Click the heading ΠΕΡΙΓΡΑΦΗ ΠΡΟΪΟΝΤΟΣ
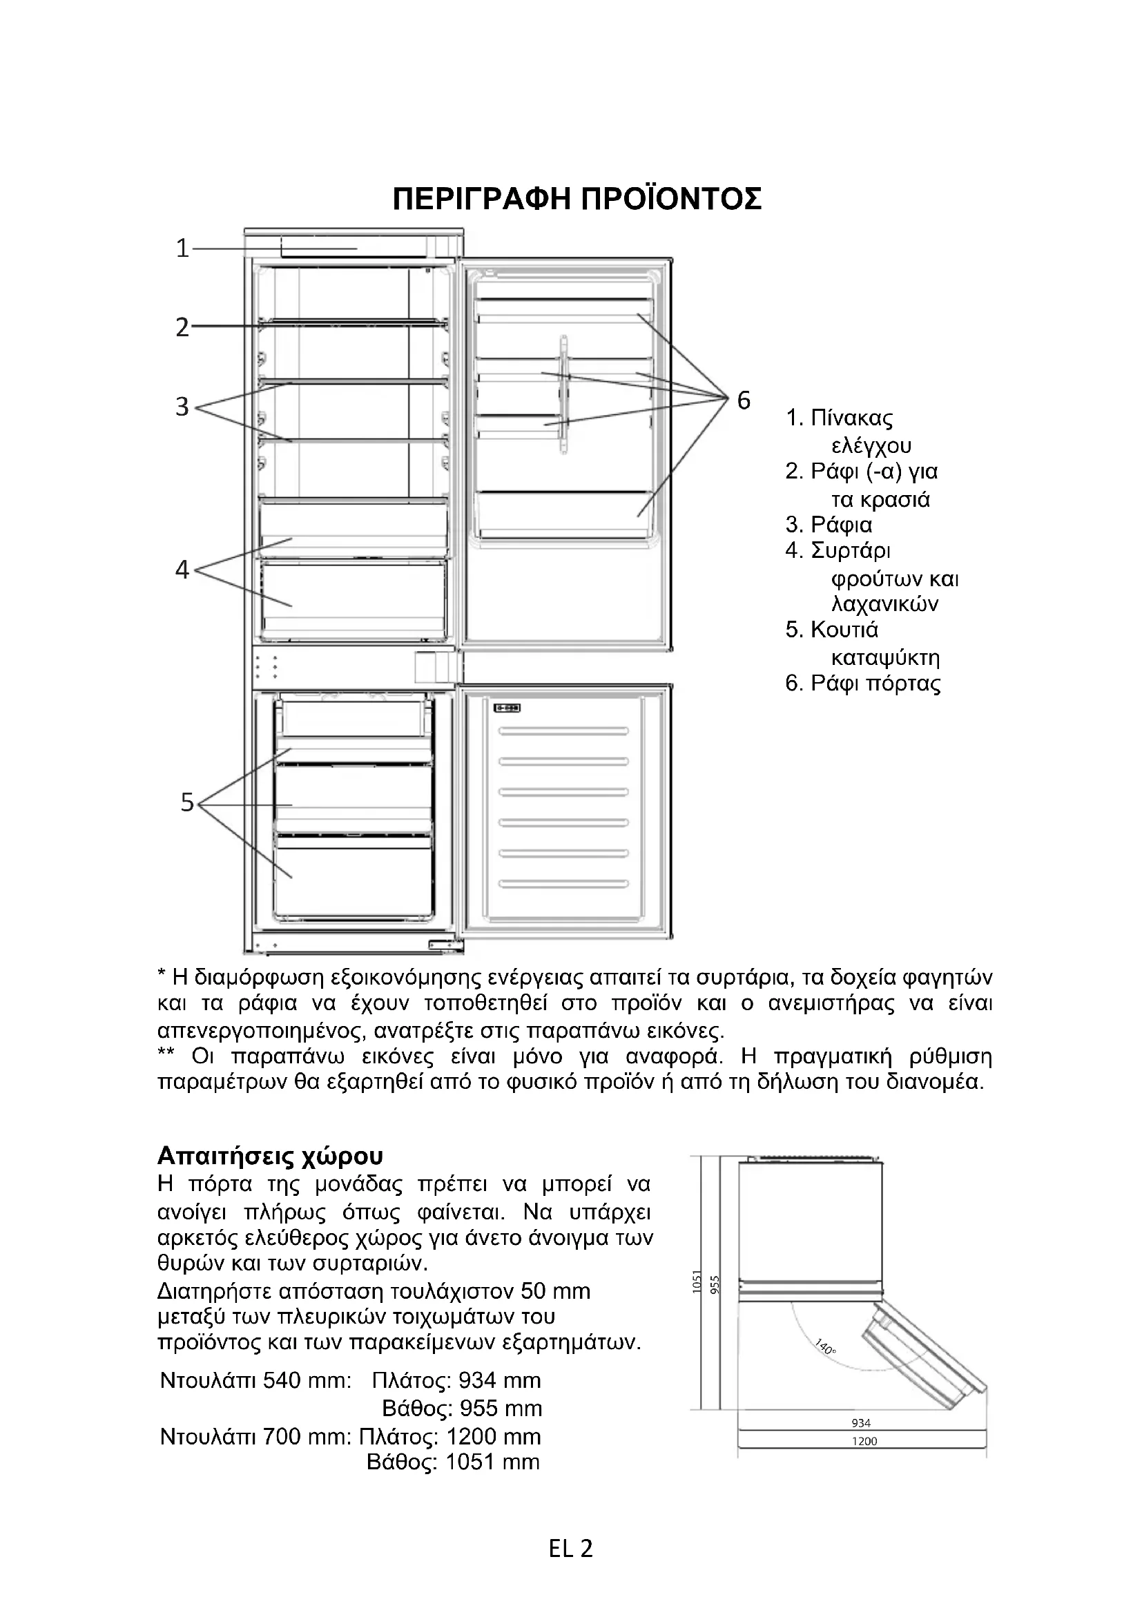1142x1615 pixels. [x=577, y=199]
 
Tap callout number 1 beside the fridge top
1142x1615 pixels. [x=182, y=249]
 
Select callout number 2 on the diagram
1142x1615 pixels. [x=182, y=327]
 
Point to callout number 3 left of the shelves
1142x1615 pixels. [x=182, y=407]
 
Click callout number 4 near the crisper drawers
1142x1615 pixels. [x=182, y=569]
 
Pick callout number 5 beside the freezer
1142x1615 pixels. [x=186, y=802]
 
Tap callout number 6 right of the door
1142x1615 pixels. [x=744, y=400]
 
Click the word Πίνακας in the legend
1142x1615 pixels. [x=851, y=418]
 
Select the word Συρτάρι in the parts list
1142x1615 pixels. [x=851, y=551]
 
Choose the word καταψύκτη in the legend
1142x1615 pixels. [x=885, y=659]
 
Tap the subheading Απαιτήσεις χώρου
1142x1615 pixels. [x=271, y=1155]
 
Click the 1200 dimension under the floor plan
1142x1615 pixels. [x=864, y=1441]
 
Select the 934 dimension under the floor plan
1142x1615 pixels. [x=861, y=1423]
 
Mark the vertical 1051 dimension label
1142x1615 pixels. [x=697, y=1282]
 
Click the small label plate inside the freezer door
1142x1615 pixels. [x=506, y=708]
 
